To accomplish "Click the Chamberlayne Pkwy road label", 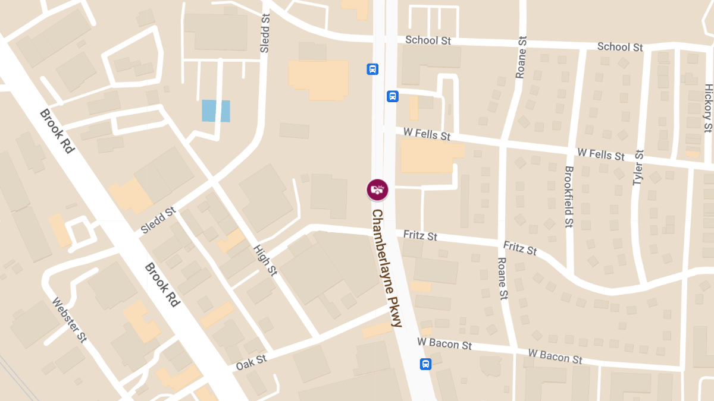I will click(x=387, y=268).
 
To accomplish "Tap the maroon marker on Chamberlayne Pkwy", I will click(x=377, y=190).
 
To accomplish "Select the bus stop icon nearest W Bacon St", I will click(x=425, y=364).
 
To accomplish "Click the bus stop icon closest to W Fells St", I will click(x=392, y=96).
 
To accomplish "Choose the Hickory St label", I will click(x=707, y=108).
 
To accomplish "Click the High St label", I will click(x=265, y=260).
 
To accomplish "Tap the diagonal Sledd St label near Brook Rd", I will click(x=159, y=220).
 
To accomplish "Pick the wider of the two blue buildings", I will click(x=209, y=110).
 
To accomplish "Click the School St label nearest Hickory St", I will click(x=620, y=47).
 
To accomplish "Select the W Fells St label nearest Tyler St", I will click(x=601, y=154).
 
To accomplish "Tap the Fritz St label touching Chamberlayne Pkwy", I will click(x=420, y=236).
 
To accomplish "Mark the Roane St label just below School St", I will click(x=522, y=57).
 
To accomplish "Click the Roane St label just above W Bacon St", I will click(x=503, y=278).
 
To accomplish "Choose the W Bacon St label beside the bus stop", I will click(x=444, y=343).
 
